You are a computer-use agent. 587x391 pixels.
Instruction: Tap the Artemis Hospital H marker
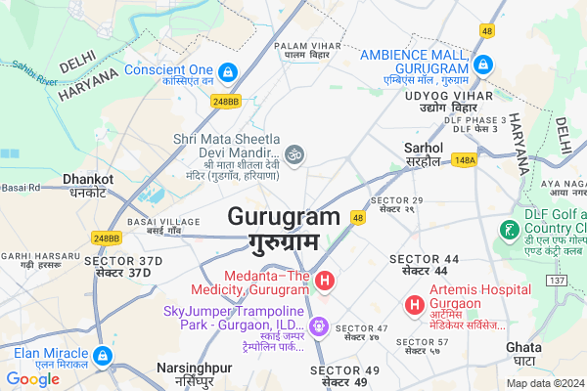point(416,292)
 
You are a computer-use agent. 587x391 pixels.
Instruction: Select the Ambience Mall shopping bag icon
point(481,65)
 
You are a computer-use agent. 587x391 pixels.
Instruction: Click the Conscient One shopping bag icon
point(227,71)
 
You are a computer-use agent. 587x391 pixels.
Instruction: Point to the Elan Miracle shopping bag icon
point(105,356)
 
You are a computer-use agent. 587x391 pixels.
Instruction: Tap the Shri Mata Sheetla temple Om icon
point(294,152)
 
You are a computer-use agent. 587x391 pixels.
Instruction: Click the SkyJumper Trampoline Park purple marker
point(318,325)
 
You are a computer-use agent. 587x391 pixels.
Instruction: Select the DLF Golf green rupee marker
point(509,231)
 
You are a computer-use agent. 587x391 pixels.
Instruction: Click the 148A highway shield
point(465,159)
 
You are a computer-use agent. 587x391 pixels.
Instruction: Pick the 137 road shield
point(558,281)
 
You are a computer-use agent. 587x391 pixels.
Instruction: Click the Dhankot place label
point(88,179)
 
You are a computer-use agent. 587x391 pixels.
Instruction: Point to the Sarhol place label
point(424,148)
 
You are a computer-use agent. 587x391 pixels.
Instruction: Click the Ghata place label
point(524,347)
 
